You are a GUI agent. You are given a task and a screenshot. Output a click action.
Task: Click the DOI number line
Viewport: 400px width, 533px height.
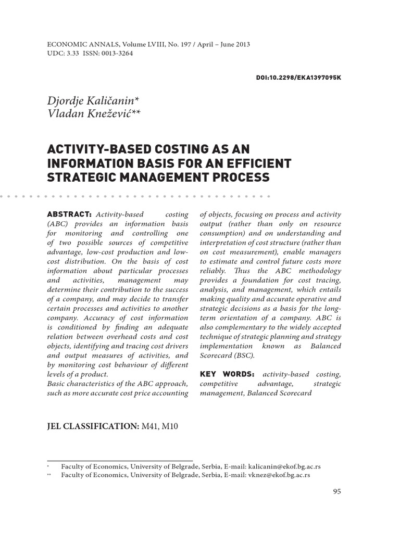click(x=299, y=77)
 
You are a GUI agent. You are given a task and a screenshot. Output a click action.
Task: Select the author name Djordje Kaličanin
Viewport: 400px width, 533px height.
click(x=92, y=100)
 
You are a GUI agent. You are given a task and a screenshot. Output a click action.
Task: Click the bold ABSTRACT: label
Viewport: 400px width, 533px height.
click(x=69, y=214)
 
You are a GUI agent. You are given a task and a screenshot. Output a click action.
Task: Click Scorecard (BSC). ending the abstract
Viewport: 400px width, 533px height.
click(x=228, y=356)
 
